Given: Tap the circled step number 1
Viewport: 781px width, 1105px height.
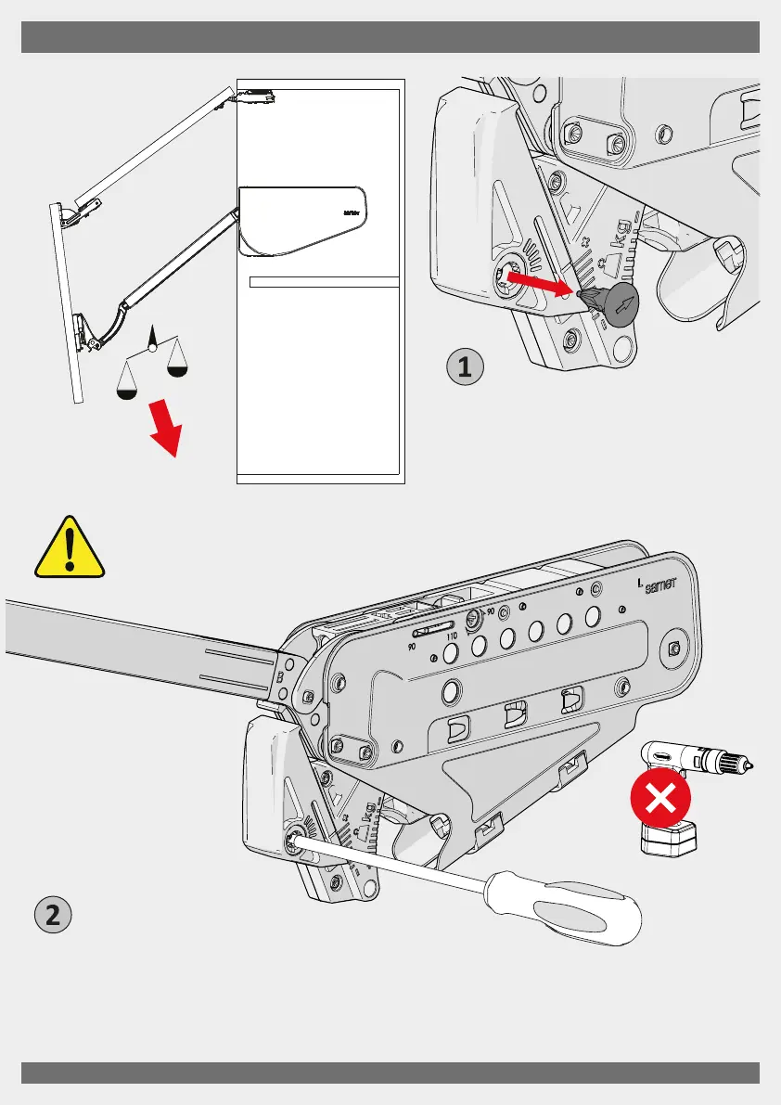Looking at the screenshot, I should (x=466, y=366).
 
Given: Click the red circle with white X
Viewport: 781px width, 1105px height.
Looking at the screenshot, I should (x=659, y=799).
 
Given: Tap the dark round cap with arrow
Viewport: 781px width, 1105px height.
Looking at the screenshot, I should (x=619, y=301).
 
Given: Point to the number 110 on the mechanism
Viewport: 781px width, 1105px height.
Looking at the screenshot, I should (x=453, y=636).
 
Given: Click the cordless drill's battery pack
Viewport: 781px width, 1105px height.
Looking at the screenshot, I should (x=667, y=839).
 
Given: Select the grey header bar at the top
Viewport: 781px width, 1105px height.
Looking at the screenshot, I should (x=390, y=38).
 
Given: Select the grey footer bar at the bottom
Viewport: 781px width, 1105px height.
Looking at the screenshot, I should (x=390, y=1072).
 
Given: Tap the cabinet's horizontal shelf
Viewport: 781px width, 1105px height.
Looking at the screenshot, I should (x=325, y=282).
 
